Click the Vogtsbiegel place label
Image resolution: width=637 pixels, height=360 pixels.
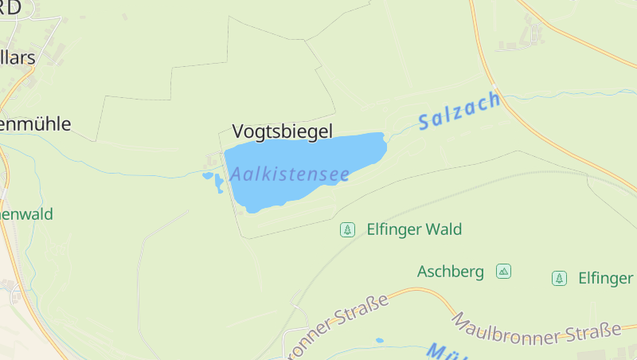tap(282, 131)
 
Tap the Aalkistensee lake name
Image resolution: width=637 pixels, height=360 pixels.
tap(291, 173)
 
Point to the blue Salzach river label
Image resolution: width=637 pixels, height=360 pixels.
tap(460, 112)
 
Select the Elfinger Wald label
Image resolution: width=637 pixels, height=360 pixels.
tap(414, 229)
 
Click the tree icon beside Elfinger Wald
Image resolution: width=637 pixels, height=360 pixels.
tap(347, 229)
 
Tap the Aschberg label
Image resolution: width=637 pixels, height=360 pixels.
tap(451, 272)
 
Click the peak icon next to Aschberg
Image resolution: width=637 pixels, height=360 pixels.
tap(503, 271)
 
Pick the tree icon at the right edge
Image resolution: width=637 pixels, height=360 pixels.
tap(560, 278)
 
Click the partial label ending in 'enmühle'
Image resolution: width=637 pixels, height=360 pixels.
tap(36, 123)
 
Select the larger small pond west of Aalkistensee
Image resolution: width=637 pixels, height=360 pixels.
tap(219, 184)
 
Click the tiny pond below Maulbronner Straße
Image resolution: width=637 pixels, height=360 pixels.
tap(380, 340)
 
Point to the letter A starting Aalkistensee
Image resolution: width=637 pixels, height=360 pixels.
tap(236, 174)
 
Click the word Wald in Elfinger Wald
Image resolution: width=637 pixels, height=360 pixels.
tap(444, 229)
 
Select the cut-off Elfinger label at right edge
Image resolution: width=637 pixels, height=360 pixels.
tap(605, 278)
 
